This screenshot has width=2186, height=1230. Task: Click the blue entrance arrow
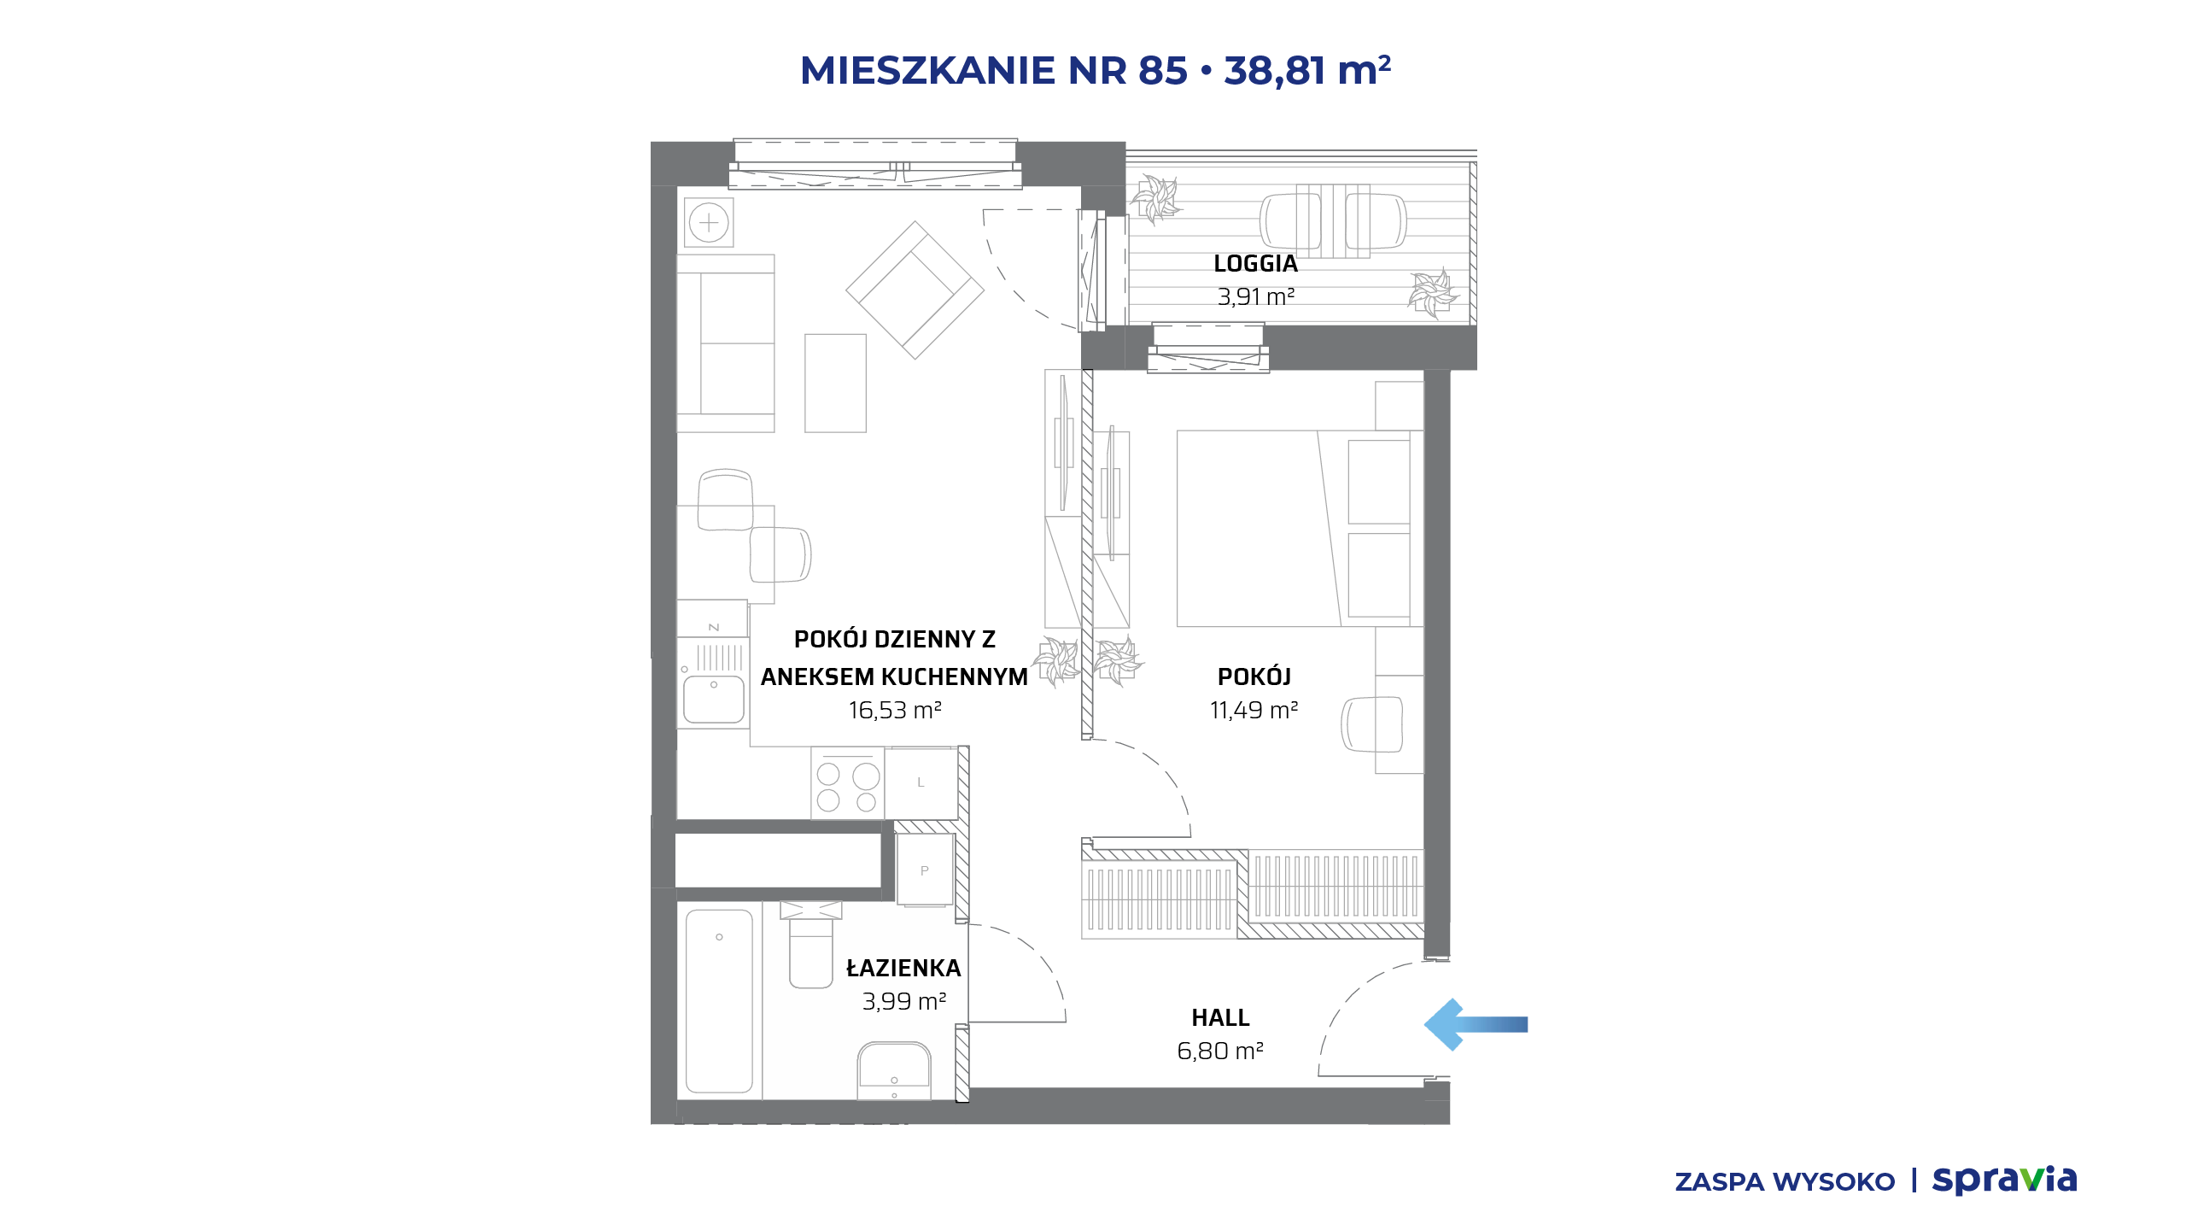coord(1476,1024)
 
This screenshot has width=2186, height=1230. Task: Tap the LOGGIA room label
coord(1255,264)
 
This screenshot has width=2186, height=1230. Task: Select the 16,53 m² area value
coord(894,710)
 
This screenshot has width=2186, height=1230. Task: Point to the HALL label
coord(1220,1017)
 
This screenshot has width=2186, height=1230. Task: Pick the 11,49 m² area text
coord(1254,710)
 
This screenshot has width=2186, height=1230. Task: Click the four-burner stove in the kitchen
coord(847,783)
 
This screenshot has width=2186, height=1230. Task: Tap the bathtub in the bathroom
coord(719,1001)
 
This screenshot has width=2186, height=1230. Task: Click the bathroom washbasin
coord(894,1070)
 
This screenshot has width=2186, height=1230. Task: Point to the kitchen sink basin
coord(714,700)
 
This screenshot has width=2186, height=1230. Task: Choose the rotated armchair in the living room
coord(915,290)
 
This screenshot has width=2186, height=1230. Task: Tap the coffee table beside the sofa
coord(835,383)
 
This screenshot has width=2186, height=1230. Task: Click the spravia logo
coord(2004,1180)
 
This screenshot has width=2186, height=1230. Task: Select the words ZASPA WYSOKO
coord(1785,1182)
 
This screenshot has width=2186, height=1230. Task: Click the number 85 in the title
coord(1162,70)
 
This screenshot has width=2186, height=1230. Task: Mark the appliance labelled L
coord(921,783)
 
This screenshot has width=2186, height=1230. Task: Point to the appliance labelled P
coord(924,870)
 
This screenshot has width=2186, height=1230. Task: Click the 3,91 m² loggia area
coord(1255,296)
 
